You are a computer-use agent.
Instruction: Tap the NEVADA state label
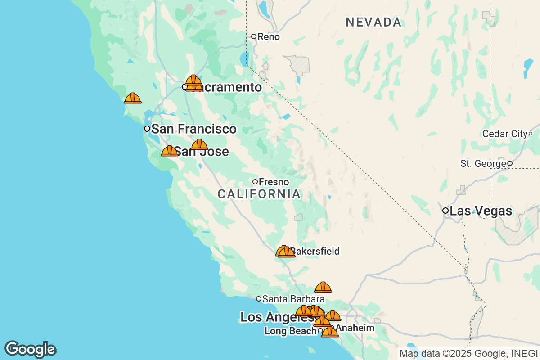coord(373,22)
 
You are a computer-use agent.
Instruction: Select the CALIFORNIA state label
coord(259,194)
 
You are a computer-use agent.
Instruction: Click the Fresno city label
coord(274,182)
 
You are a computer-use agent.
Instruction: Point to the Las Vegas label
coord(481,211)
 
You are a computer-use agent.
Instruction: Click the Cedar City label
coord(504,134)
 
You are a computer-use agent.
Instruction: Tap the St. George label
coord(483,164)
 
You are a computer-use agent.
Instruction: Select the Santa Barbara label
coord(293,299)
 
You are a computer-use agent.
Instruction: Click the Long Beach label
coord(290,331)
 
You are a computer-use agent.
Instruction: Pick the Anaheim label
coord(355,328)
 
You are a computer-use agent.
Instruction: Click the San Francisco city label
coord(193,129)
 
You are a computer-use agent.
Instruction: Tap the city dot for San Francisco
coord(147,129)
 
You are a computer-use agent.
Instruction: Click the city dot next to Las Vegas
coord(445,211)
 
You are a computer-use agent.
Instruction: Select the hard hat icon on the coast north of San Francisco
coord(133,98)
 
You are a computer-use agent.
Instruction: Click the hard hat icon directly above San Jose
coord(199,144)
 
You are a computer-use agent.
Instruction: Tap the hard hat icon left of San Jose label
coord(170,151)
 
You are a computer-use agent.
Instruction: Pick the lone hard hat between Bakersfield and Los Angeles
coord(323,287)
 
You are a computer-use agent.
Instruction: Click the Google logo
coord(30,349)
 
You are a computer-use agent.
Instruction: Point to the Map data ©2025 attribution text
coord(468,354)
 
